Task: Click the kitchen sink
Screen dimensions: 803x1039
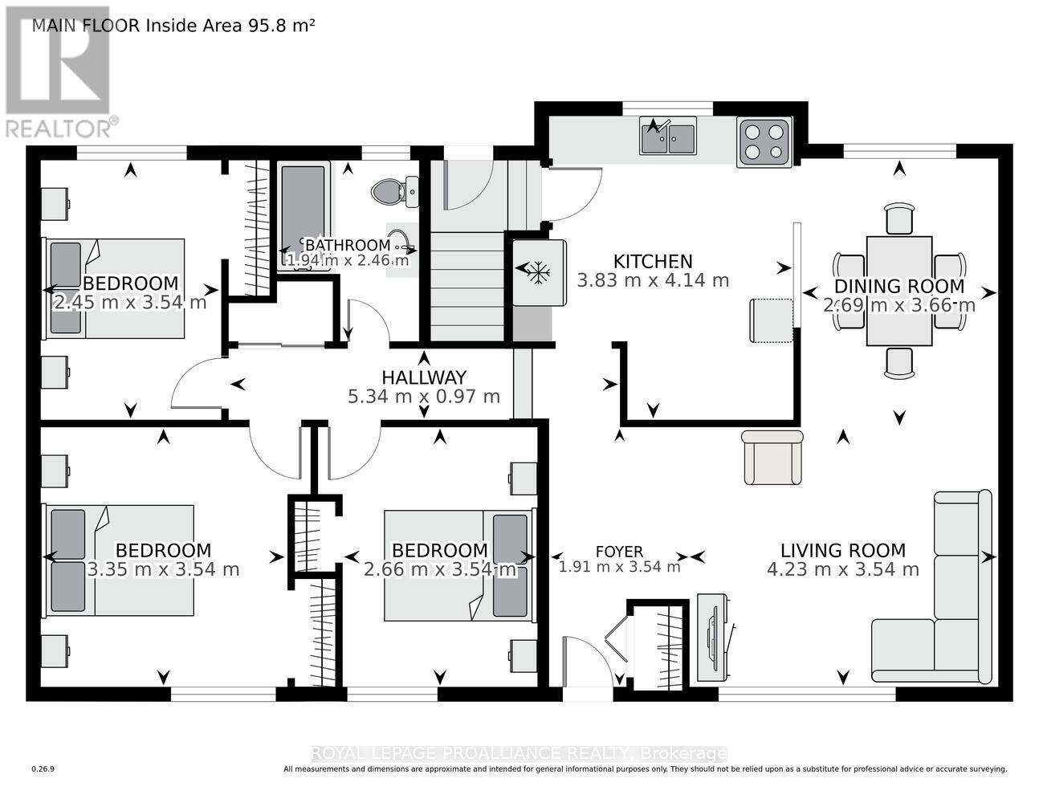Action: [668, 136]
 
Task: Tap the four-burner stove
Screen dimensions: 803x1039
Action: [764, 141]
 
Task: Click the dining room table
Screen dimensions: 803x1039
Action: [899, 291]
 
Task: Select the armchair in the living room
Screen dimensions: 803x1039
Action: [772, 458]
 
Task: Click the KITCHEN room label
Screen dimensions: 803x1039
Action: [652, 262]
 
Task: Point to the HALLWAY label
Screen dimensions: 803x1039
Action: [423, 377]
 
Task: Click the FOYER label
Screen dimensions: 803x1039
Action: [619, 552]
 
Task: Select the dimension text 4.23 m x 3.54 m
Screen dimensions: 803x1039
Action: [842, 570]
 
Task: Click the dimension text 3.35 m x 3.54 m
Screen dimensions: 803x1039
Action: [163, 570]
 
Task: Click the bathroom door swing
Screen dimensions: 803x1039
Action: [369, 321]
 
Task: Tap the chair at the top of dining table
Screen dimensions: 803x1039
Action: [899, 218]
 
